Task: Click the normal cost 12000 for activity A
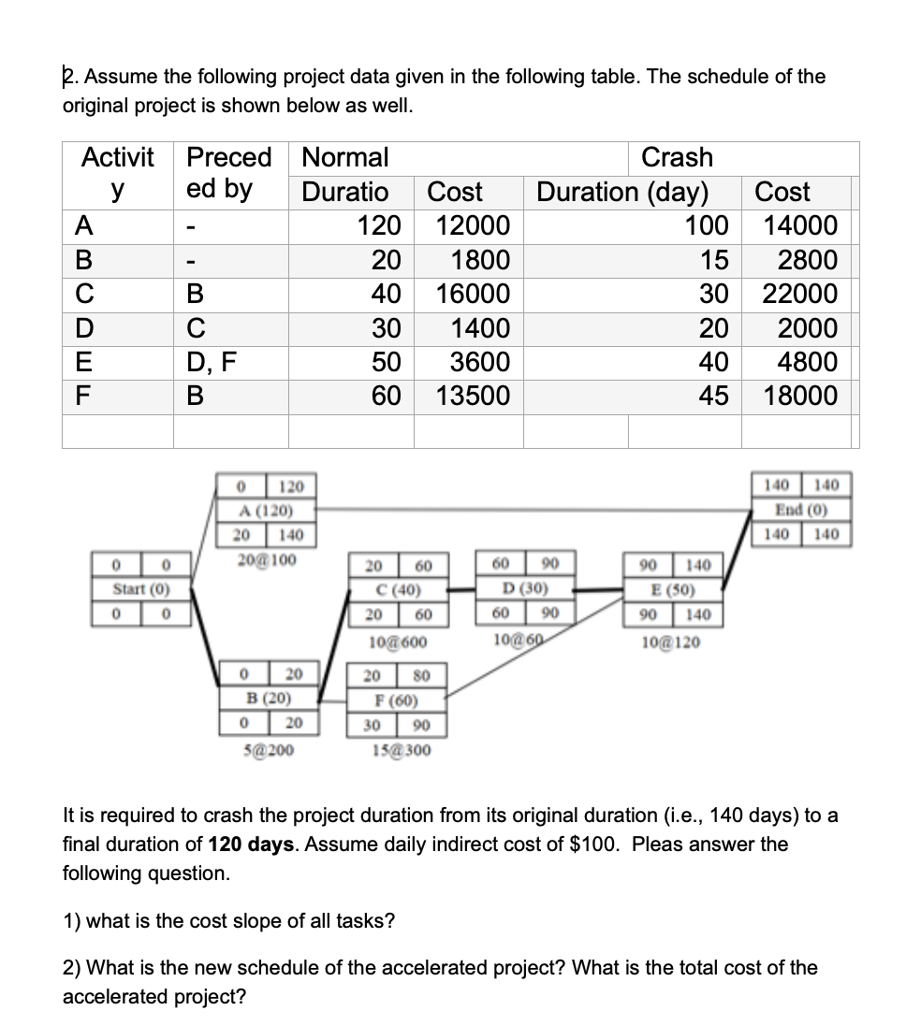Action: coord(474,226)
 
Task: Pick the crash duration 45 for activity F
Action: coord(714,396)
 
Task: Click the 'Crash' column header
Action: coord(677,157)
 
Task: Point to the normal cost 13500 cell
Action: coord(474,396)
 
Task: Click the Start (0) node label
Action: coord(139,591)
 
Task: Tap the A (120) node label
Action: coord(266,511)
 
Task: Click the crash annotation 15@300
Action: coord(400,749)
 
